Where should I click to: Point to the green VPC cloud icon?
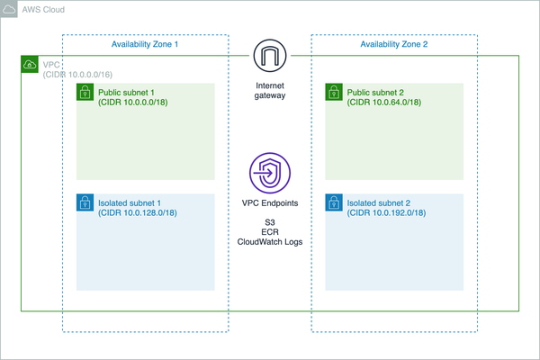pos(29,65)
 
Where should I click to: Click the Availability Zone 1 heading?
pos(145,44)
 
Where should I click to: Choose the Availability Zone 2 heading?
pos(393,44)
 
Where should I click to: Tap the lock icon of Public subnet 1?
pos(84,92)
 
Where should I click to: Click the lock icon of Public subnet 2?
pos(333,92)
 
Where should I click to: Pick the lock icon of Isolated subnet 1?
pos(84,202)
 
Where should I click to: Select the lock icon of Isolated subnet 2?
pos(333,202)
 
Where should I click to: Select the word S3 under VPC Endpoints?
pos(269,221)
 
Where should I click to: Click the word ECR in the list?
pos(269,231)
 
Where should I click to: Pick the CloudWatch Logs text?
pos(269,242)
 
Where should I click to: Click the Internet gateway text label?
pos(269,90)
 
